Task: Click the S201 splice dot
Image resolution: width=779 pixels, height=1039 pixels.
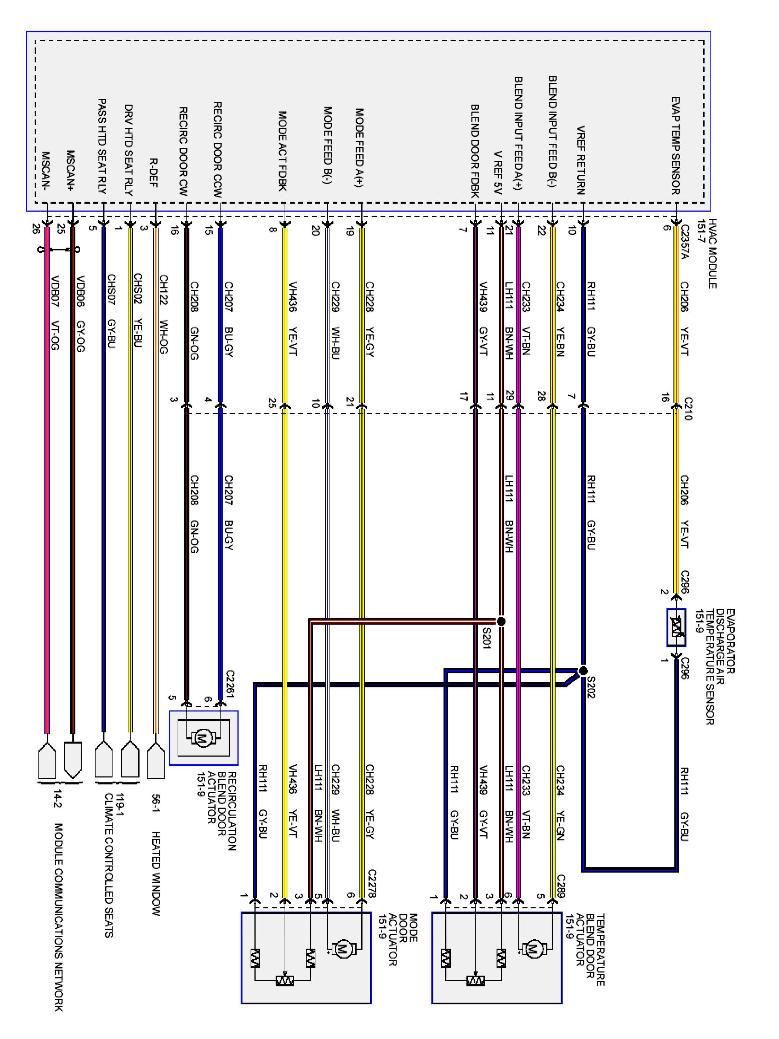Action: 501,621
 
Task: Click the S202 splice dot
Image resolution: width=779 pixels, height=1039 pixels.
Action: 583,670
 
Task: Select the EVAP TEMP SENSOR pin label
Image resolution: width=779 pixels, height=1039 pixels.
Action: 675,145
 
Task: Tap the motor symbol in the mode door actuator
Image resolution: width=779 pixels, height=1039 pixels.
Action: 342,949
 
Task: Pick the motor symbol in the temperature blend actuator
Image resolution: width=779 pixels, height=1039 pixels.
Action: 533,949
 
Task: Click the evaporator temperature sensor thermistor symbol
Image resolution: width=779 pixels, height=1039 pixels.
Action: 676,628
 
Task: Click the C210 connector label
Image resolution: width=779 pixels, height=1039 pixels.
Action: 688,408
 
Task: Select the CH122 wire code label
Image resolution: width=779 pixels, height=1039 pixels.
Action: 163,290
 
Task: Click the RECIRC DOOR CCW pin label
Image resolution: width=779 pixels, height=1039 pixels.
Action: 217,149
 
